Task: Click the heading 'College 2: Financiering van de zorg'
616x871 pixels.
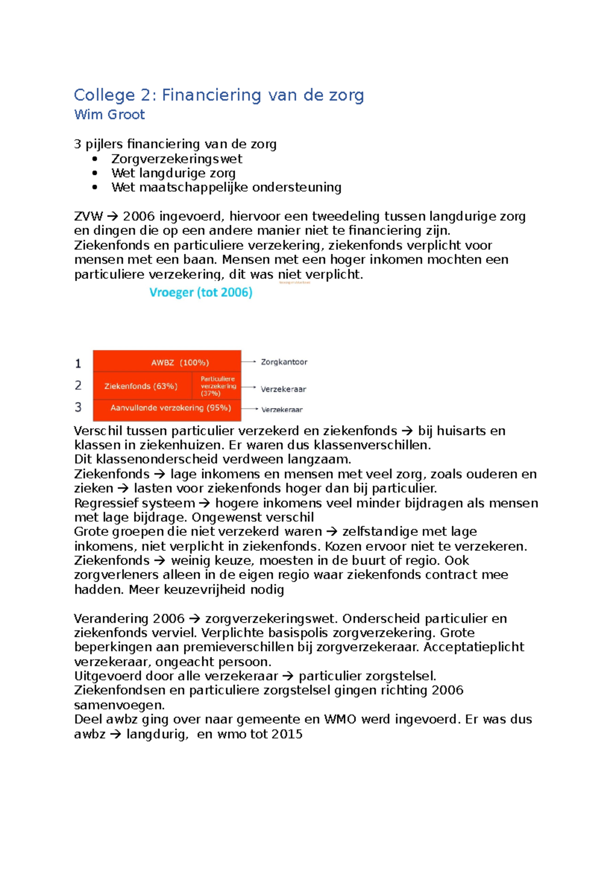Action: pyautogui.click(x=219, y=95)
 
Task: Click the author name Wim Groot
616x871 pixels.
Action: pyautogui.click(x=109, y=114)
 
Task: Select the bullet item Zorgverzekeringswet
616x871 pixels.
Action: pyautogui.click(x=177, y=159)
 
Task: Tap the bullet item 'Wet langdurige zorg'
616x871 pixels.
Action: pyautogui.click(x=174, y=173)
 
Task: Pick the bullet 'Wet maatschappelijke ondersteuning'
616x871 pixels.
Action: pyautogui.click(x=226, y=187)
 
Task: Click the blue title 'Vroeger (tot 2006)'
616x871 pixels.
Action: pyautogui.click(x=201, y=292)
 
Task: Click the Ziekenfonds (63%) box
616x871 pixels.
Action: pyautogui.click(x=141, y=386)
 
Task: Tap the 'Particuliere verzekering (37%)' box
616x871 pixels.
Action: pyautogui.click(x=218, y=386)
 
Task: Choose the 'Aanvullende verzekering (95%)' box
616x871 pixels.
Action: pyautogui.click(x=170, y=408)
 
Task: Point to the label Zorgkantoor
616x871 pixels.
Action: pyautogui.click(x=284, y=362)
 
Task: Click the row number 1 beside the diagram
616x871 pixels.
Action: pyautogui.click(x=78, y=364)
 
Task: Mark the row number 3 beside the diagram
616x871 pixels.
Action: pyautogui.click(x=78, y=407)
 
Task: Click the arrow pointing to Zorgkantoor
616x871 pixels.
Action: pyautogui.click(x=249, y=362)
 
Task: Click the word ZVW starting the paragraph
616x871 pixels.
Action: pyautogui.click(x=88, y=216)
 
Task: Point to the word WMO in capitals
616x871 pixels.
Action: pyautogui.click(x=340, y=719)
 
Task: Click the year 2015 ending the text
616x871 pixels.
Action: pyautogui.click(x=287, y=734)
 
